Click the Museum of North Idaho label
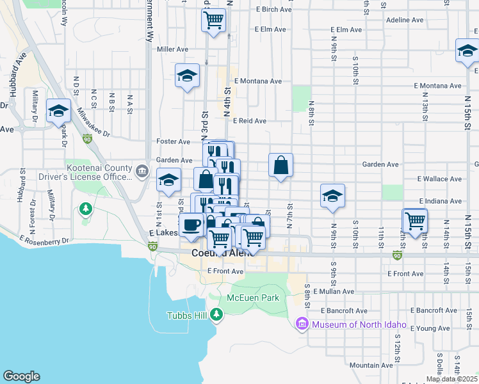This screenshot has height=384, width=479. point(359,324)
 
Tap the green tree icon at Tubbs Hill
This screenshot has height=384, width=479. point(217,314)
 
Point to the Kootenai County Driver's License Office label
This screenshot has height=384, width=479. point(99,172)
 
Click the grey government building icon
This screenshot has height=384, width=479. point(142,172)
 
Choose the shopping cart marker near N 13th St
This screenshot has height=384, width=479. point(415,221)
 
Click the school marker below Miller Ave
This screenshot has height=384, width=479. point(187,75)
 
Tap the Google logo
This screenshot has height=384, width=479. point(21,376)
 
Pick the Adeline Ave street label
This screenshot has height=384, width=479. point(405,20)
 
